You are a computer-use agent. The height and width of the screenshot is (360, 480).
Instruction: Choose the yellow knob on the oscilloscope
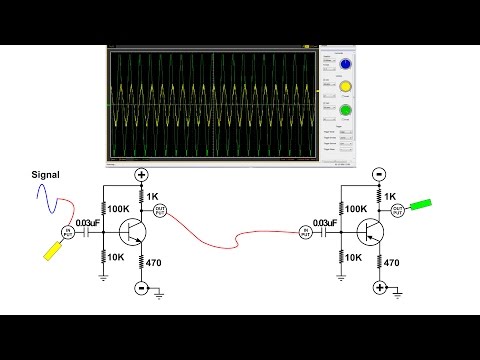(x=345, y=88)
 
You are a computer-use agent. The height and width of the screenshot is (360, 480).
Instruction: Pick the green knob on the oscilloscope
(x=345, y=110)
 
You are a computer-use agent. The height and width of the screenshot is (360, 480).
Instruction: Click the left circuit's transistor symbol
(x=131, y=231)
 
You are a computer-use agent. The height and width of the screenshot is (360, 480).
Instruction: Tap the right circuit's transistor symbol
(x=371, y=231)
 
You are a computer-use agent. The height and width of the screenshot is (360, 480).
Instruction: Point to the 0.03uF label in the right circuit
(x=325, y=222)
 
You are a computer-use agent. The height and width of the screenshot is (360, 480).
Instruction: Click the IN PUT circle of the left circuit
(x=69, y=232)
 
